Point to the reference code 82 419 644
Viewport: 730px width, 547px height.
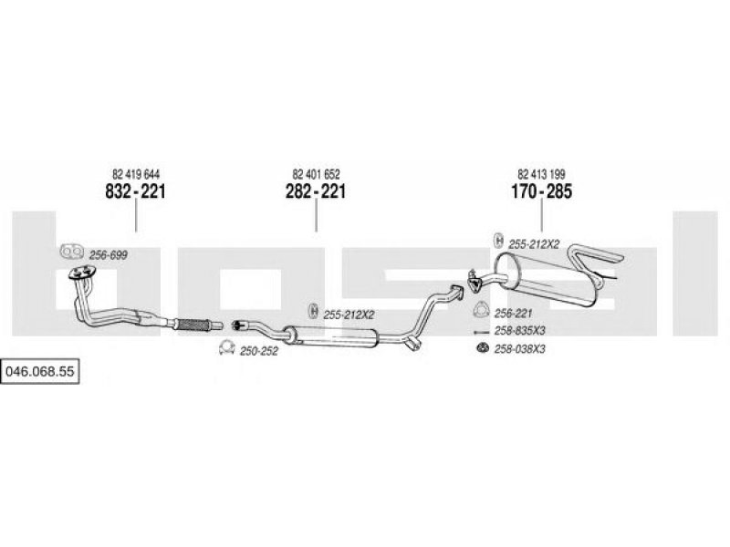point(136,174)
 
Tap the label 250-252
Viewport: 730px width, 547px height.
point(257,350)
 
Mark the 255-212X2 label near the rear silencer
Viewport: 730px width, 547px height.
point(534,243)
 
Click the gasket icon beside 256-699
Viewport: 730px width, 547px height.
point(68,252)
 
